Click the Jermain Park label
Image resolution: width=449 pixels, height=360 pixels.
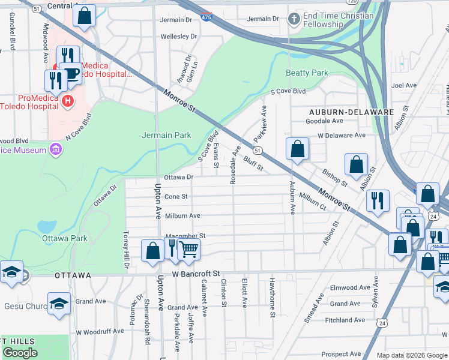pyautogui.click(x=166, y=135)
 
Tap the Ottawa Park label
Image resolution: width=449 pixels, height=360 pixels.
pyautogui.click(x=65, y=238)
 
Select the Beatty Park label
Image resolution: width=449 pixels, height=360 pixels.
pyautogui.click(x=307, y=73)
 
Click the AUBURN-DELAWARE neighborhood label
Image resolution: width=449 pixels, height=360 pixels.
pyautogui.click(x=351, y=112)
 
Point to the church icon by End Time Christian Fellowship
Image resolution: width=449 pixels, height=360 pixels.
pyautogui.click(x=294, y=19)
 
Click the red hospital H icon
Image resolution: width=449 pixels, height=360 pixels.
pyautogui.click(x=68, y=101)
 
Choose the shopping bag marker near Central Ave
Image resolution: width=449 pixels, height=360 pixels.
pyautogui.click(x=85, y=16)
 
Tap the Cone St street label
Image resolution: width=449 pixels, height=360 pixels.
pyautogui.click(x=176, y=196)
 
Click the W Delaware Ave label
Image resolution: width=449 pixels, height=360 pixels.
pyautogui.click(x=342, y=135)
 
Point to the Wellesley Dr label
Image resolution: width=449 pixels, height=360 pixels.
pyautogui.click(x=178, y=37)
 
